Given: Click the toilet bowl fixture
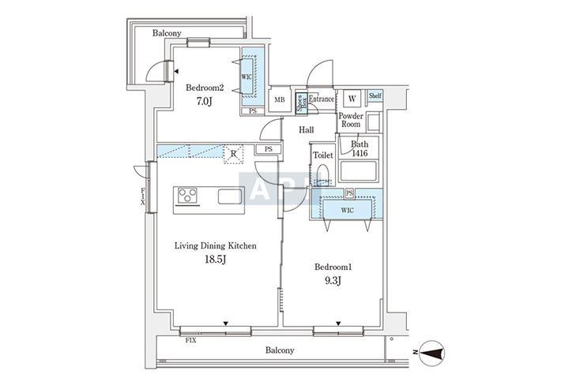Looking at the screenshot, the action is [x=322, y=174].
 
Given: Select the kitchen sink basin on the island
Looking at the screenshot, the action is [x=230, y=196].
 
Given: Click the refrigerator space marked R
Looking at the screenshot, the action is [x=233, y=154].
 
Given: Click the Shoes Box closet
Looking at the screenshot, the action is [x=301, y=103].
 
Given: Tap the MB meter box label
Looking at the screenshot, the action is [x=280, y=99].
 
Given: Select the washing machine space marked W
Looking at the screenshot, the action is [x=352, y=99].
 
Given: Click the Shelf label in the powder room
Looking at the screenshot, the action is [x=375, y=95].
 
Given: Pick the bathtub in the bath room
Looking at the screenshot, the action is [x=359, y=171].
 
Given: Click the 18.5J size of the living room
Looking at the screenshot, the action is [x=216, y=260].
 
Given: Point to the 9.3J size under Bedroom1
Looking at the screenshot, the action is [x=333, y=280].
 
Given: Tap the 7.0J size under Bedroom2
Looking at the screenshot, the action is [x=205, y=102].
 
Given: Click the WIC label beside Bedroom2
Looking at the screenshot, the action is [x=247, y=77].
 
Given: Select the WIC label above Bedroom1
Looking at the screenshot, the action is [x=348, y=211].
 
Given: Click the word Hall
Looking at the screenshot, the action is [x=307, y=130].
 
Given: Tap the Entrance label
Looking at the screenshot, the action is [x=322, y=99].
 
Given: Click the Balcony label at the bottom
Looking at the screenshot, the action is [x=280, y=350].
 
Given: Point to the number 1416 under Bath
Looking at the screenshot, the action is [x=360, y=153].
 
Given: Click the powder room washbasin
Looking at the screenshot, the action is [x=374, y=122].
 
